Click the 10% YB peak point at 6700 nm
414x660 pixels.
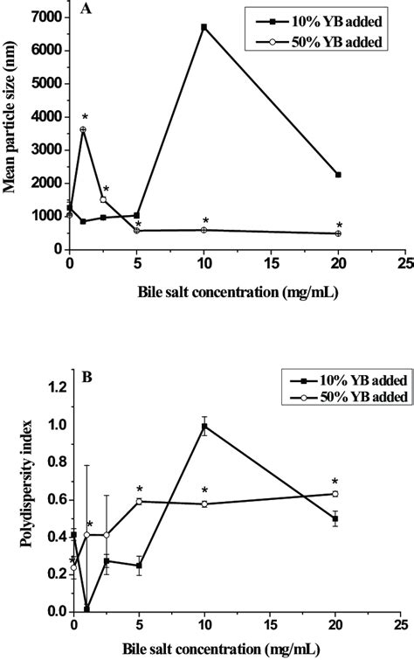(204, 27)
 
